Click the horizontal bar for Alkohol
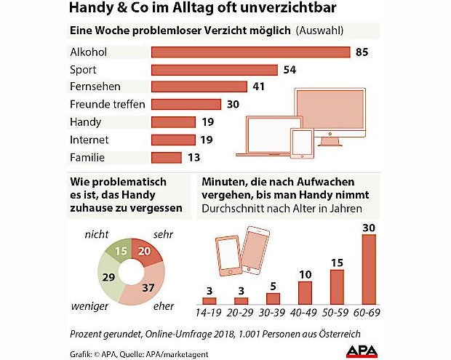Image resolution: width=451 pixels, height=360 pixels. (250, 52)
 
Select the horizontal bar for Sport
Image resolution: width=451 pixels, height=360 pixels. (214, 70)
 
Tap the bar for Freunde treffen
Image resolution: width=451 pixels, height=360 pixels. (186, 104)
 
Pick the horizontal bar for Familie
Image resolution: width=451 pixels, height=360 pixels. (166, 157)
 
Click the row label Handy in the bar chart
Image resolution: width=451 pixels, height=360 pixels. (85, 122)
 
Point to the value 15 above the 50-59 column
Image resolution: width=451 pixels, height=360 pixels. (337, 262)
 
